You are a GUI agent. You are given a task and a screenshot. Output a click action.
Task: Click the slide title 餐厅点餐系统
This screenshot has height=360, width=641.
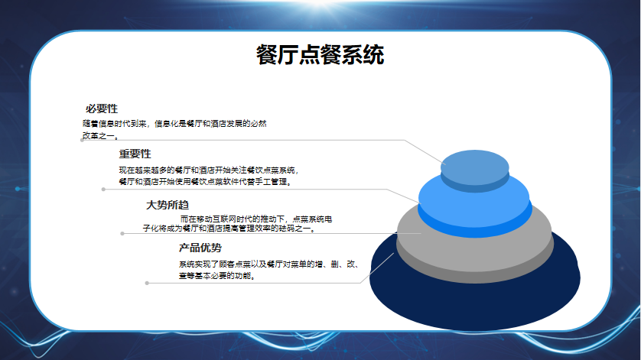coord(320,55)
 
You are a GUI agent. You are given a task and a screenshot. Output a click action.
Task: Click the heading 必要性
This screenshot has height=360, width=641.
coord(102,109)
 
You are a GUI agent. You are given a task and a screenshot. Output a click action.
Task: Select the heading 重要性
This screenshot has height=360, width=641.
coord(135,154)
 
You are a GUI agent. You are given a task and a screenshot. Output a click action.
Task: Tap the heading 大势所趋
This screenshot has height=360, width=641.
coord(168,205)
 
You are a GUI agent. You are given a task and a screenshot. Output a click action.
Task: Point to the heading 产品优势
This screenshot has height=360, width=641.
coord(200,248)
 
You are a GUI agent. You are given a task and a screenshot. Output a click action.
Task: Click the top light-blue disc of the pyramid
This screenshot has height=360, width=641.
coord(474,167)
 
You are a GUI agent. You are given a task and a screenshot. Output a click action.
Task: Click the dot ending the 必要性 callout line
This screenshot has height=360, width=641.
coord(82,140)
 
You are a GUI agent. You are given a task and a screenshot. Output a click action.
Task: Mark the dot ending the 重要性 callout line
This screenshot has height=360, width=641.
coord(103,190)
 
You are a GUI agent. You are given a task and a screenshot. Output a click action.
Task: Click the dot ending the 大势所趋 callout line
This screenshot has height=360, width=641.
coord(122,234)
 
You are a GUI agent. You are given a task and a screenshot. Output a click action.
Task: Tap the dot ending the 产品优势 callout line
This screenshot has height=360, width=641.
coord(147,283)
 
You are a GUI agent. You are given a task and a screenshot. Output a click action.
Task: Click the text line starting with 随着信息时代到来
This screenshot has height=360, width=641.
coord(174,123)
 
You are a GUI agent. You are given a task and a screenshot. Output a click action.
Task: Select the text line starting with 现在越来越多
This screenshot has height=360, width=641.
coord(209,170)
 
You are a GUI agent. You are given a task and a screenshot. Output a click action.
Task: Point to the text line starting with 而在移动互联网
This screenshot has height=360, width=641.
coord(256,219)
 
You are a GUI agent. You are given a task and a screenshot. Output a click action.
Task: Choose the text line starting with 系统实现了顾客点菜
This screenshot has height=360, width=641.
coord(269,264)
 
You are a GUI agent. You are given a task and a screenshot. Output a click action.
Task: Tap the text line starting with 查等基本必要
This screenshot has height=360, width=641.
coord(217,276)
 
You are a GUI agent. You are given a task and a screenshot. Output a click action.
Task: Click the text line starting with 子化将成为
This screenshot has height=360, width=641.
coord(229,229)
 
